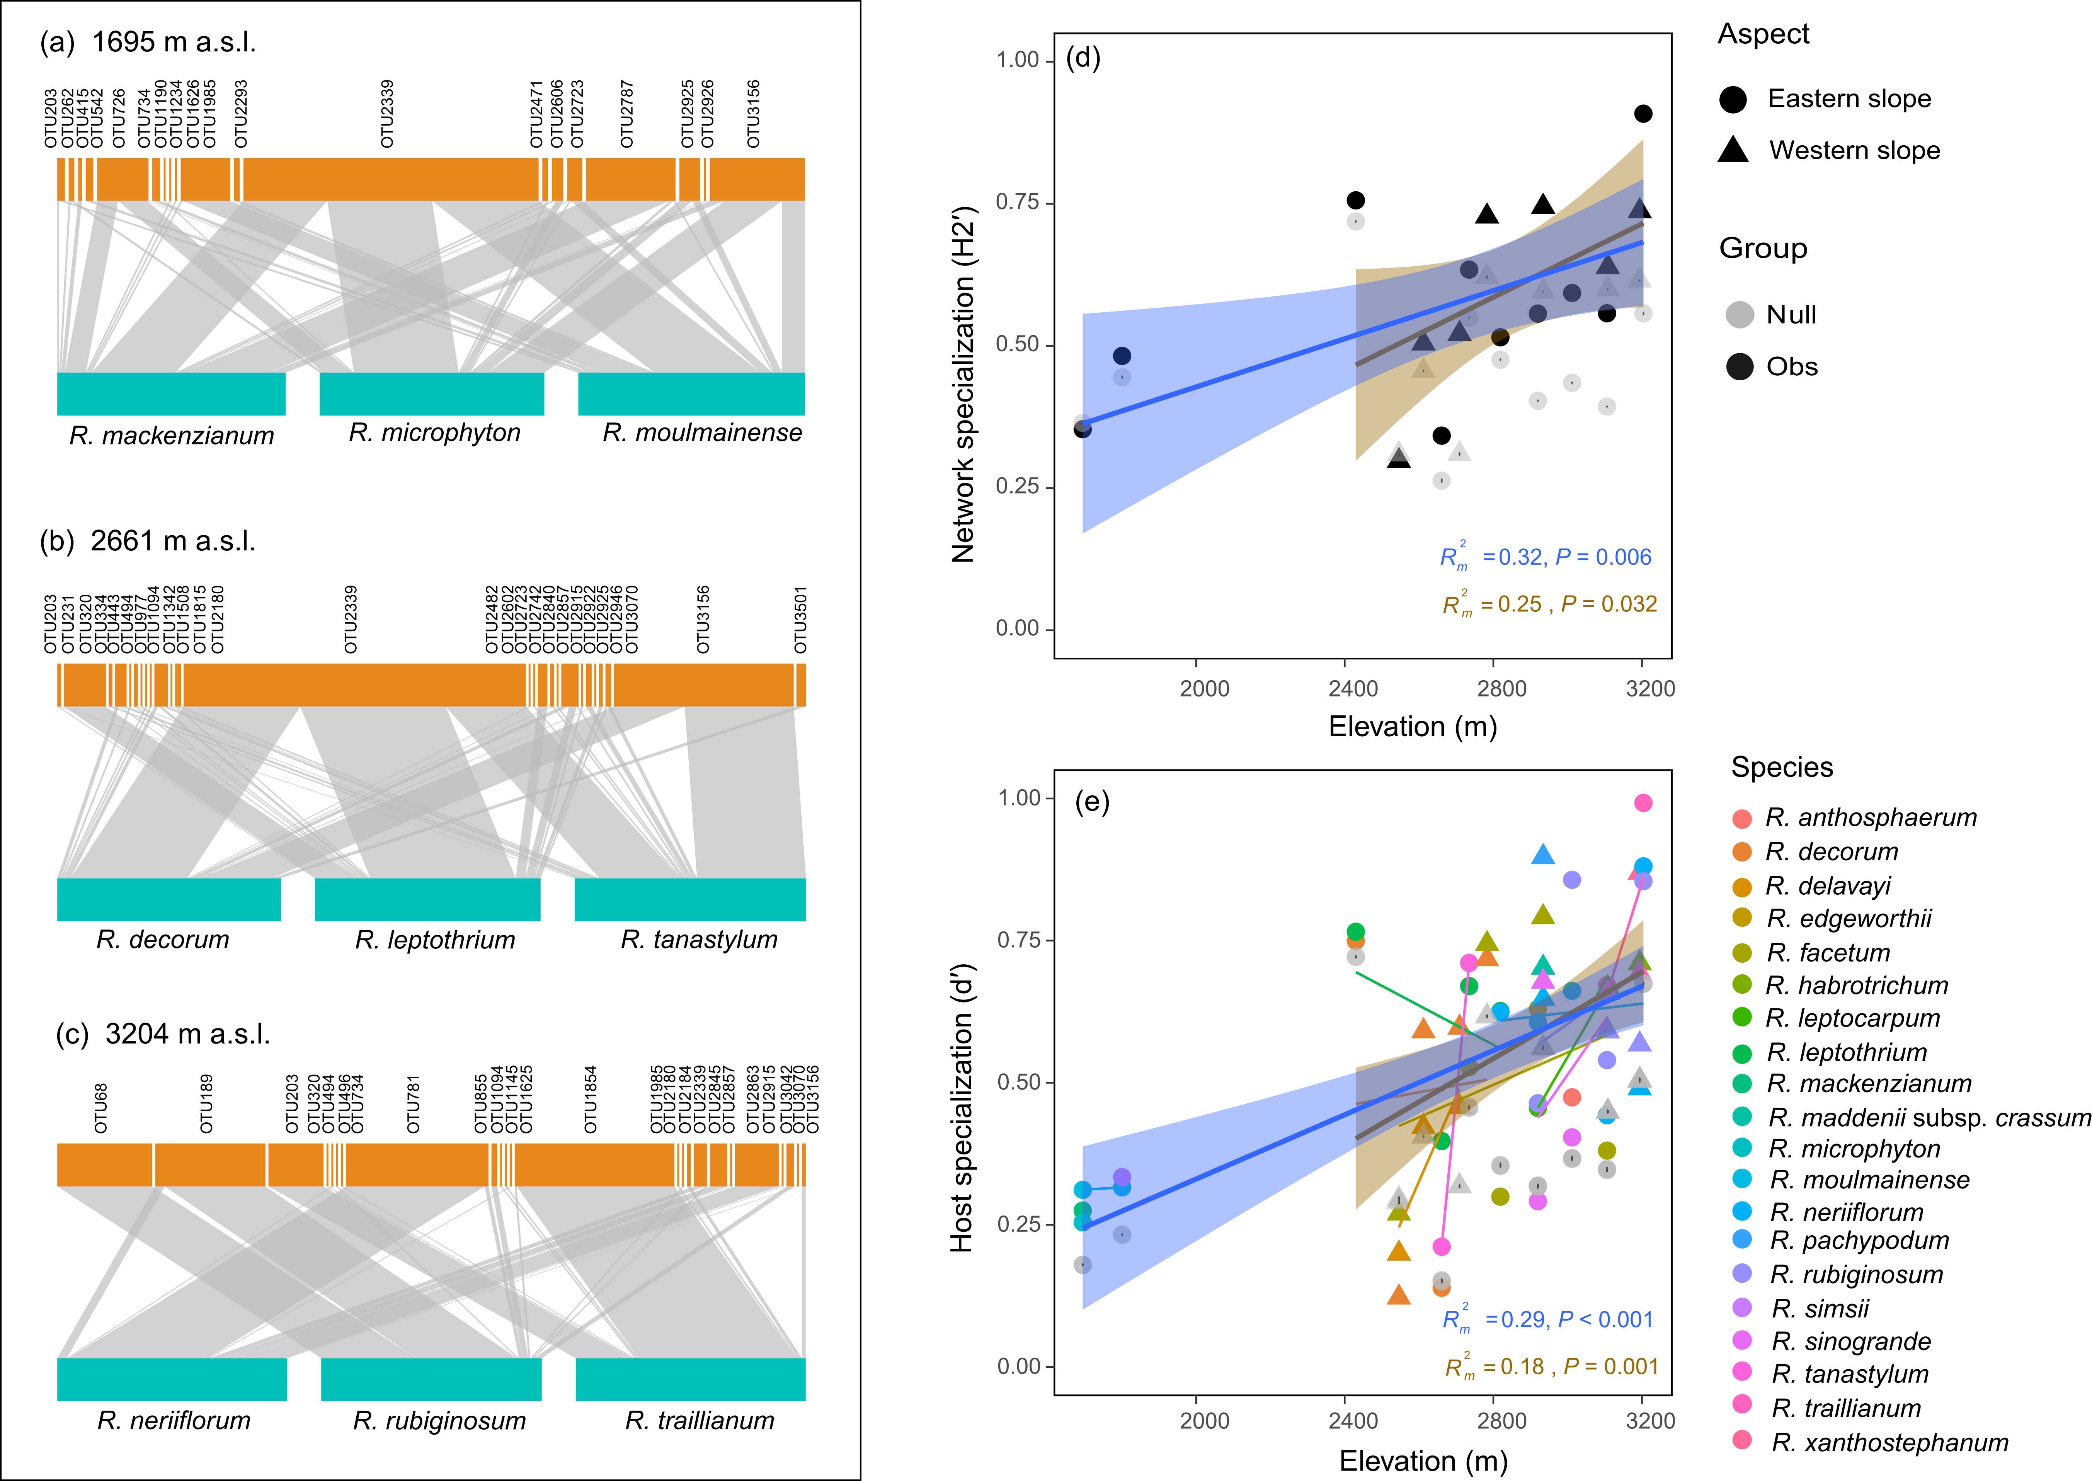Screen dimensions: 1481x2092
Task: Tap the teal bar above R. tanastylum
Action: point(689,899)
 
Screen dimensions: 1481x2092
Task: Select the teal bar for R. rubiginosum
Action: point(431,1379)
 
